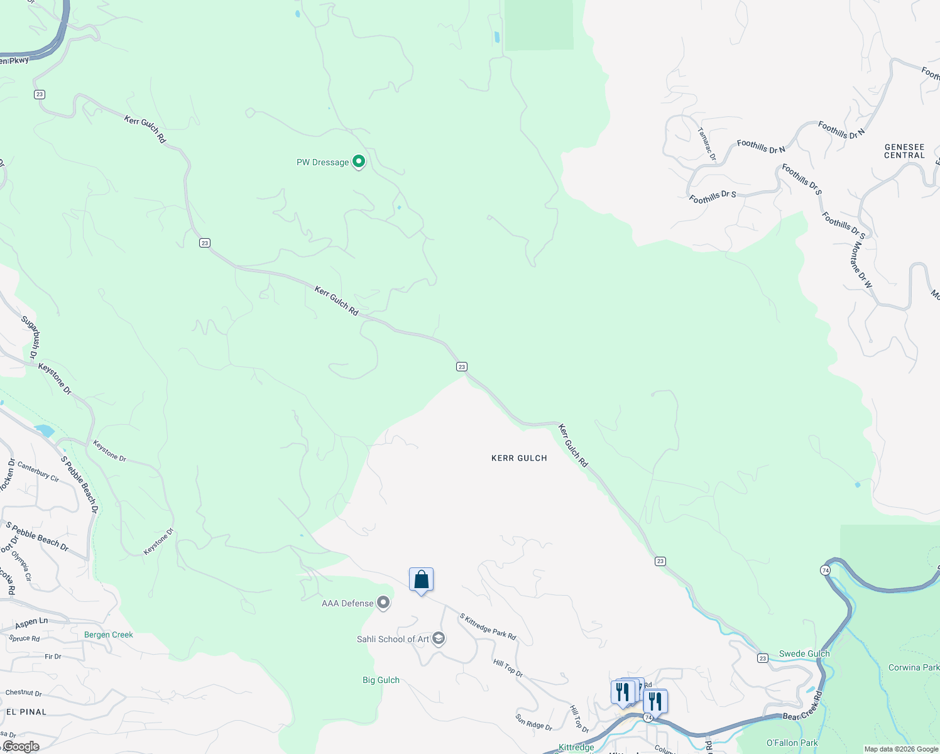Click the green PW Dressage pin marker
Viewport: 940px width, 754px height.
point(359,161)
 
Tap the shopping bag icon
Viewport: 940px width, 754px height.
point(421,580)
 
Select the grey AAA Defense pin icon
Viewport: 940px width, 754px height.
point(383,603)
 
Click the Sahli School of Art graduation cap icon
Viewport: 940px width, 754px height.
point(439,639)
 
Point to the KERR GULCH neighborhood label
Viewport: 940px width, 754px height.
point(519,458)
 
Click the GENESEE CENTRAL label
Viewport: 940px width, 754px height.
point(904,151)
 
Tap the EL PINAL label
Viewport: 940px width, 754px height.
point(26,712)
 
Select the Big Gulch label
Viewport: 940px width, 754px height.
point(381,680)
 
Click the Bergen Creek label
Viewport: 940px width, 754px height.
point(109,635)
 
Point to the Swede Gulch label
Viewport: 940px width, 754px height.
point(804,653)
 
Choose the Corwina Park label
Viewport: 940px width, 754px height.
point(914,667)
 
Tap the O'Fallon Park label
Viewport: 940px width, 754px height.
point(792,743)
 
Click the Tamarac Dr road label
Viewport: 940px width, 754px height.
point(707,145)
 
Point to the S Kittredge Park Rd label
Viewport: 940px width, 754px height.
point(488,626)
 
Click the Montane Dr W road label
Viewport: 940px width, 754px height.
point(861,265)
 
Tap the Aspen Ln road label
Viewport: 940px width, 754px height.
point(31,623)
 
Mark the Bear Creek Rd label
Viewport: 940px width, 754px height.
point(802,708)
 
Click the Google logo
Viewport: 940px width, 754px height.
point(21,746)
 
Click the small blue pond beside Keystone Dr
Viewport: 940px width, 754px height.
point(44,430)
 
